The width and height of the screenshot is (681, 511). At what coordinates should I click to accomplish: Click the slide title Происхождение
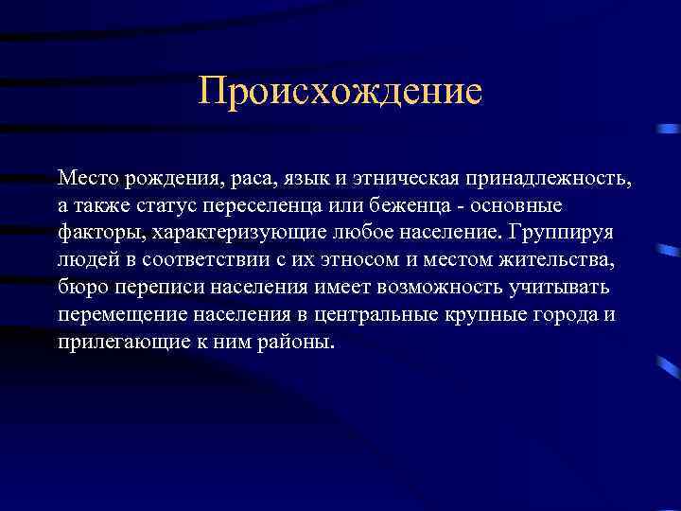(x=340, y=92)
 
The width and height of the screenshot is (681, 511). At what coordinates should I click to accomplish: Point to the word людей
(x=83, y=259)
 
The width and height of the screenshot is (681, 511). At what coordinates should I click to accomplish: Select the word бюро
(x=79, y=287)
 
